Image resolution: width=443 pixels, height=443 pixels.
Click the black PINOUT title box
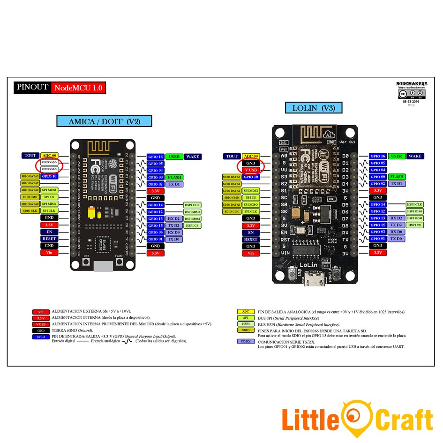coord(32,87)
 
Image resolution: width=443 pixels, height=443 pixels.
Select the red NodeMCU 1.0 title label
coord(78,88)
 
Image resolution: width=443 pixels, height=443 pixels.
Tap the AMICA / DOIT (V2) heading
coord(104,121)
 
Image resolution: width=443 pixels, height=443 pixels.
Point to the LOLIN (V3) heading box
coord(314,108)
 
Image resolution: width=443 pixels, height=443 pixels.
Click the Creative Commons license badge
coord(412,94)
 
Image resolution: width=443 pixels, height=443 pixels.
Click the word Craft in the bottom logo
coord(404,419)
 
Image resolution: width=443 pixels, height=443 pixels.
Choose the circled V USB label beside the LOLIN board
coord(250,170)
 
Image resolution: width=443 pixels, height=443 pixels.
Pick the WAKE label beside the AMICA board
coord(193,157)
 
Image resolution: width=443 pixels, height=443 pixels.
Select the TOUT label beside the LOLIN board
coord(232,156)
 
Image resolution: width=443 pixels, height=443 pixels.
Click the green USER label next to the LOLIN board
coord(397,156)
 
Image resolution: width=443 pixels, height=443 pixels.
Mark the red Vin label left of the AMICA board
coord(49,253)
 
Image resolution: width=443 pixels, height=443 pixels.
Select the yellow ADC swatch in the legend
coord(246,312)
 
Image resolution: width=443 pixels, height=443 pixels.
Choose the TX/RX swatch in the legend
coord(246,342)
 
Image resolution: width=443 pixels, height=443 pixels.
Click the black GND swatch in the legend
coord(41,330)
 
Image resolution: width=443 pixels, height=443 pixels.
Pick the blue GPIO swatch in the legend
coord(41,337)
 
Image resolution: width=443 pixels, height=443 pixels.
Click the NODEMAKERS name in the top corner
coord(411,83)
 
